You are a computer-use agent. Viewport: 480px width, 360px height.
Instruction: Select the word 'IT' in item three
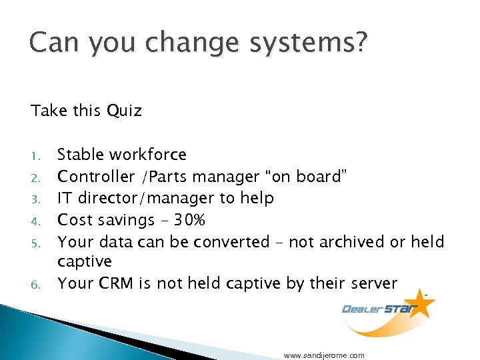[x=65, y=198]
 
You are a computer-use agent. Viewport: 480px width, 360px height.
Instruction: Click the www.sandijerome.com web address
[x=324, y=355]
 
